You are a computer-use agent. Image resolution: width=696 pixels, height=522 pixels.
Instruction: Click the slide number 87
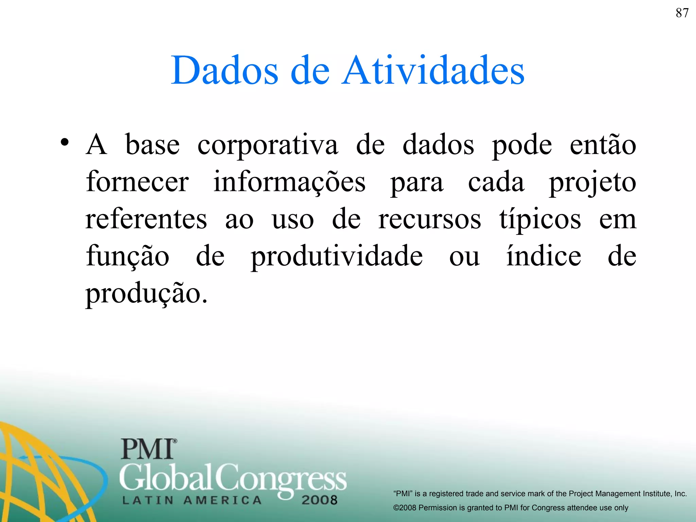pyautogui.click(x=682, y=13)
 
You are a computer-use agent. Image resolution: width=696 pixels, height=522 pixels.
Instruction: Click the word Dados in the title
pyautogui.click(x=225, y=70)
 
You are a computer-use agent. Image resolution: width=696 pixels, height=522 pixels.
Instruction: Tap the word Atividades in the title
pyautogui.click(x=433, y=70)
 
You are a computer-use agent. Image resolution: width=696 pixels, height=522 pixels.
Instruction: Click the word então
pyautogui.click(x=603, y=144)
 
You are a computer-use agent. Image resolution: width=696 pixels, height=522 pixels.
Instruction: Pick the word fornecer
pyautogui.click(x=137, y=182)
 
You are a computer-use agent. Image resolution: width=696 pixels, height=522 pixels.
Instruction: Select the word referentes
pyautogui.click(x=146, y=219)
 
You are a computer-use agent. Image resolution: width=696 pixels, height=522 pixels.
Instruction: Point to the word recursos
pyautogui.click(x=430, y=219)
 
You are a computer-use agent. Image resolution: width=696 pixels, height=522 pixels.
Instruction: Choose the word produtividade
pyautogui.click(x=337, y=257)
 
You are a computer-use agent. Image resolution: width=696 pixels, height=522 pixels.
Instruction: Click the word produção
pyautogui.click(x=146, y=294)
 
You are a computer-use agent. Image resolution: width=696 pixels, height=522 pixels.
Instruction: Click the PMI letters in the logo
pyautogui.click(x=148, y=449)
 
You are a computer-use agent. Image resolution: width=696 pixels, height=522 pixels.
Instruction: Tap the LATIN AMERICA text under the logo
pyautogui.click(x=192, y=500)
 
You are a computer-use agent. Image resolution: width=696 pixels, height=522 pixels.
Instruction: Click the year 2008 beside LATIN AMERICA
pyautogui.click(x=319, y=500)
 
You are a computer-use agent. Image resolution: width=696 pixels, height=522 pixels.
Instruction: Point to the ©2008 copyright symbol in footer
pyautogui.click(x=396, y=508)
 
